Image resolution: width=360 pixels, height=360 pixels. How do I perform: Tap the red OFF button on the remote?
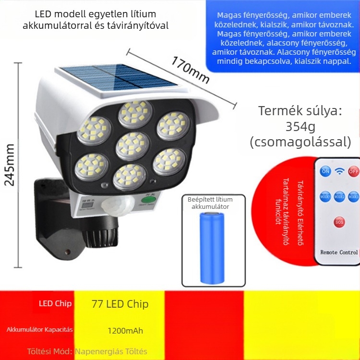point(353,171)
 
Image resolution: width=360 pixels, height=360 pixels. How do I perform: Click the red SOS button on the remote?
point(339,222)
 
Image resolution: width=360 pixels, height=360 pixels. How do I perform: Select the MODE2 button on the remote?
point(339,196)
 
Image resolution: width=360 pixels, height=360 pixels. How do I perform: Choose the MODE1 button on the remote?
point(325,196)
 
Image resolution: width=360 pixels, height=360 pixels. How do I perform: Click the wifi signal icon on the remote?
point(339,171)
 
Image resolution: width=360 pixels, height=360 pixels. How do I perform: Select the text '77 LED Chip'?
point(120,304)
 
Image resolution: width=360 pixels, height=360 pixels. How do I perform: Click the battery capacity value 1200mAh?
point(125,330)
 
